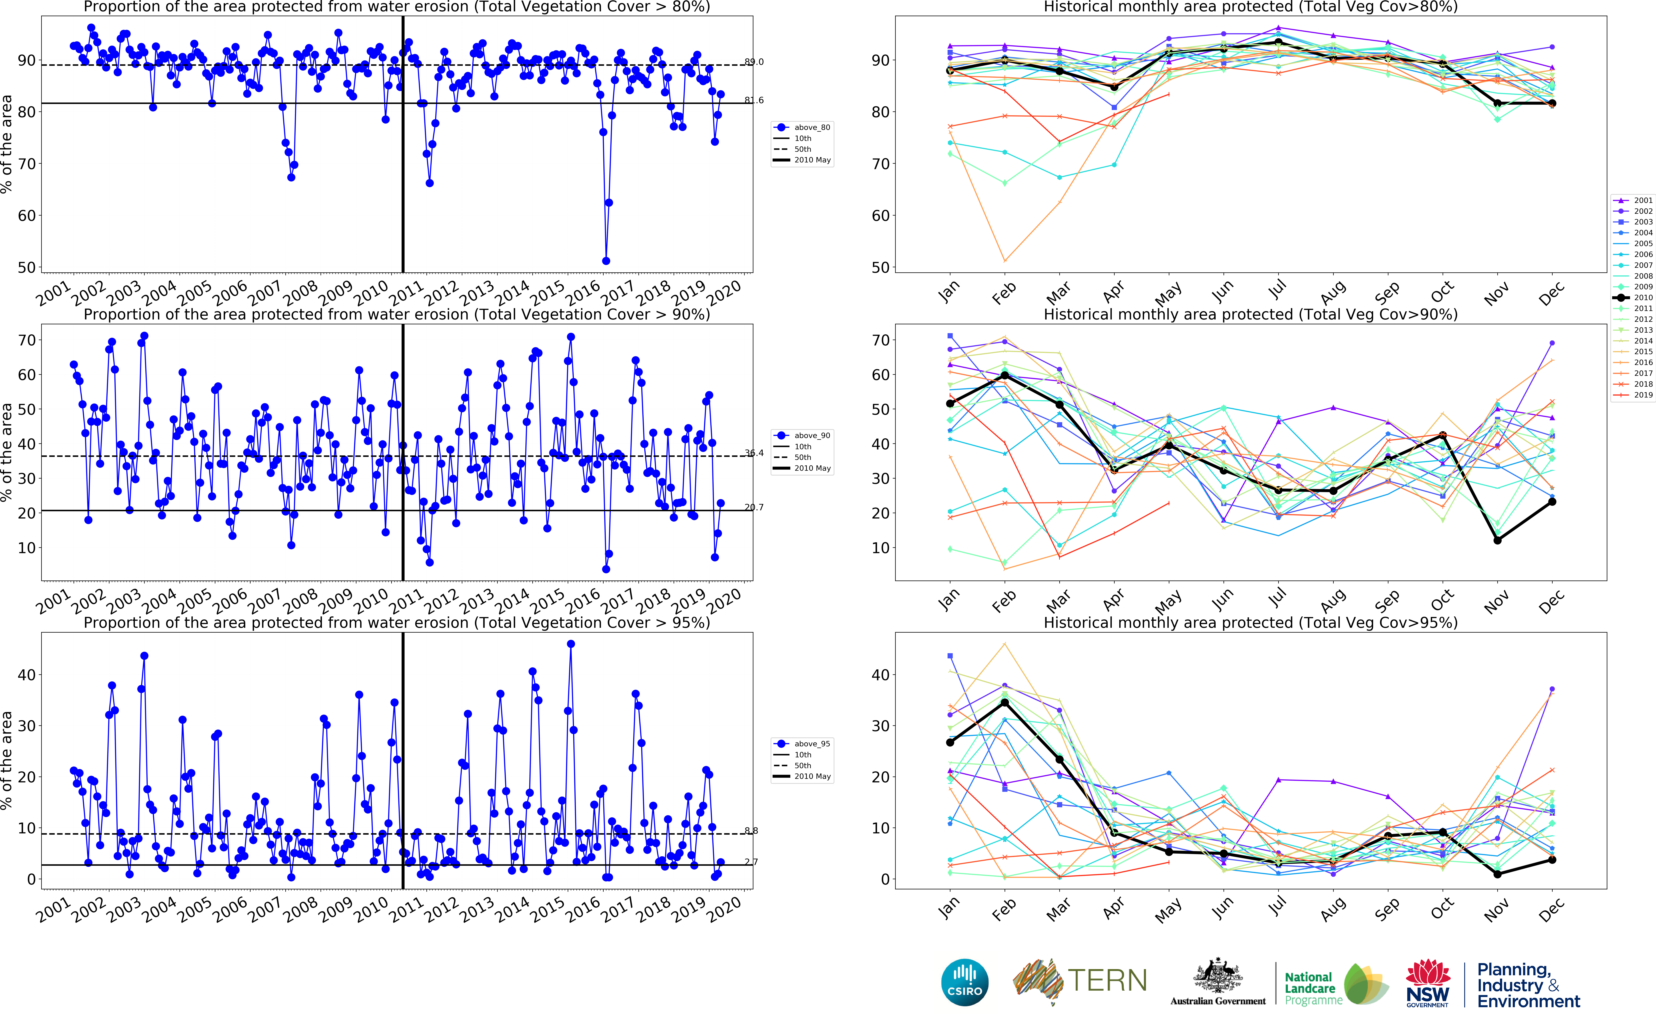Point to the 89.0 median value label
pyautogui.click(x=754, y=62)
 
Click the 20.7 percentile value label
pyautogui.click(x=754, y=507)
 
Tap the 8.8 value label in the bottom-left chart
pyautogui.click(x=751, y=831)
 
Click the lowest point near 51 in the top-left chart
pyautogui.click(x=606, y=260)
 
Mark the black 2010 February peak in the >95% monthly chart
pyautogui.click(x=1005, y=702)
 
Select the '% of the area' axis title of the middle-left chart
pyautogui.click(x=7, y=453)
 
